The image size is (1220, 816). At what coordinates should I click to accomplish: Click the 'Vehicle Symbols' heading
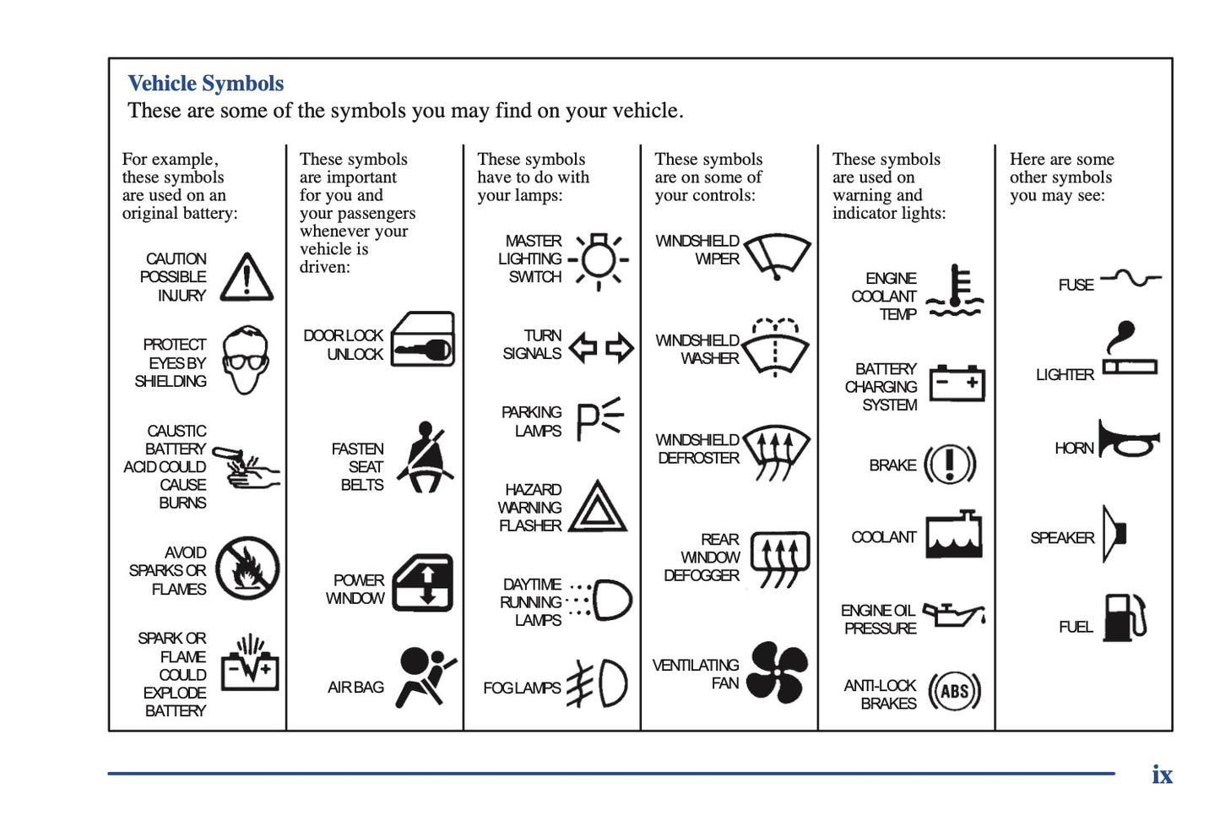click(x=205, y=84)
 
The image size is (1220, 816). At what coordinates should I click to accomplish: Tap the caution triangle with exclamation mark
click(x=247, y=278)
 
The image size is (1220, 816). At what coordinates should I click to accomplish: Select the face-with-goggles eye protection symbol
click(x=246, y=361)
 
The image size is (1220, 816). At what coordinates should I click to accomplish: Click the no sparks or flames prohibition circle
click(x=247, y=568)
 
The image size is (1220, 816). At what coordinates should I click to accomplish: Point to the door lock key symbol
click(x=423, y=340)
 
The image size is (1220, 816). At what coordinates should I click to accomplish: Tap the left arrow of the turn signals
click(x=583, y=347)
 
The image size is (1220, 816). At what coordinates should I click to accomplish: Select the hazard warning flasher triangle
click(x=598, y=507)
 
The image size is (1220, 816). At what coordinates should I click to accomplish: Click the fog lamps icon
click(x=598, y=683)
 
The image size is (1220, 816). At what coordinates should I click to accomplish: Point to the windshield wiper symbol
click(x=778, y=256)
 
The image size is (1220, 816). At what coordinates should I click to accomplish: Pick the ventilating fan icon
click(x=777, y=672)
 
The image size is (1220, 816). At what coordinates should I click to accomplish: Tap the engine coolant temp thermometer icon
click(x=955, y=291)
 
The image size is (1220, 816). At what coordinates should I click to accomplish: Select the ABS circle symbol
click(x=954, y=692)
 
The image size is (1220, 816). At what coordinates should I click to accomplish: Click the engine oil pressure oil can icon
click(x=953, y=614)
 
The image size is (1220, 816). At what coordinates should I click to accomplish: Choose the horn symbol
click(x=1128, y=439)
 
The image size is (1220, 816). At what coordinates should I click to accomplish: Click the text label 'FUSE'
click(x=1076, y=286)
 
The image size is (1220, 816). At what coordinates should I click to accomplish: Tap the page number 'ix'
click(x=1162, y=775)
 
